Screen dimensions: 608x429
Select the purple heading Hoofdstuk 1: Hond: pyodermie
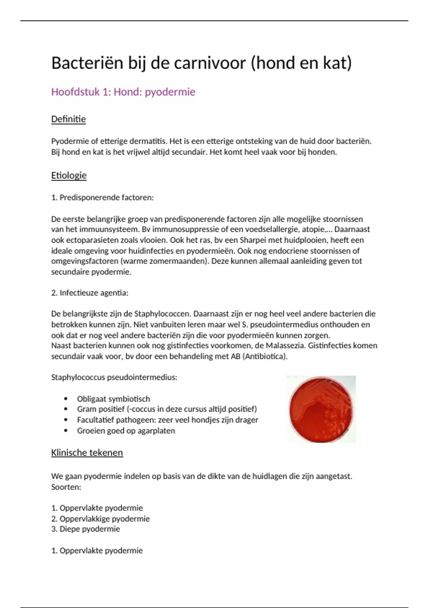(123, 92)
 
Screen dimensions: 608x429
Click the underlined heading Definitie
(68, 119)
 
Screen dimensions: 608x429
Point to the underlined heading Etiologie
(69, 176)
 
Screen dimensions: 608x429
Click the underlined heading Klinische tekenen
(87, 453)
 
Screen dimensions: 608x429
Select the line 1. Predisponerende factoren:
(102, 197)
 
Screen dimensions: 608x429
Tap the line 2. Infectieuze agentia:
(89, 293)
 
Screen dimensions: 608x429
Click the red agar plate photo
(321, 409)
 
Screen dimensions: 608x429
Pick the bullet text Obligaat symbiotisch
(113, 399)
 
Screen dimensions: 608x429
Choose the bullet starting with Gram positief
(167, 409)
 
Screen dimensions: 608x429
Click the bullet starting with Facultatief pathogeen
(167, 420)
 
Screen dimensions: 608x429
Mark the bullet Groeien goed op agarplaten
(126, 431)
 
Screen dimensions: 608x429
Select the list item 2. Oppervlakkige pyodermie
(100, 519)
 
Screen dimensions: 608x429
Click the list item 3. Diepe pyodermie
(85, 529)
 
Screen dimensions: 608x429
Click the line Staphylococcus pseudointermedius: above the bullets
(114, 377)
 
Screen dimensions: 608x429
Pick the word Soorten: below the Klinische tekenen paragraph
(66, 487)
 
